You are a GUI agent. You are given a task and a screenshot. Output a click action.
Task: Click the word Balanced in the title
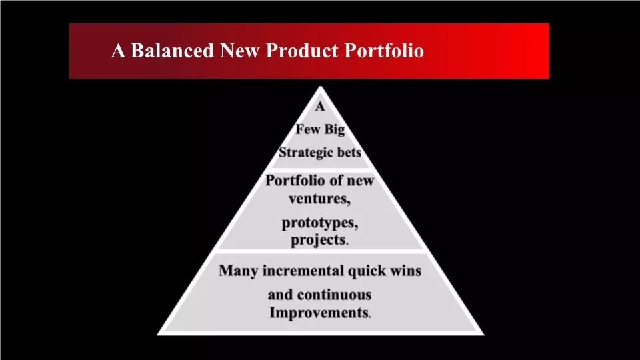click(x=172, y=51)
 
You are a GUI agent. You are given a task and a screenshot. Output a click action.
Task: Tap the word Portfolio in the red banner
click(x=384, y=51)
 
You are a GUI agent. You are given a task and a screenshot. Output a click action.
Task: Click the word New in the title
click(x=239, y=51)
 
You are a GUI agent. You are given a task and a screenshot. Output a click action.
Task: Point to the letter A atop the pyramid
click(x=320, y=107)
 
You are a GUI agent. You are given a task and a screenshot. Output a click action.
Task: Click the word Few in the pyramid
click(x=307, y=129)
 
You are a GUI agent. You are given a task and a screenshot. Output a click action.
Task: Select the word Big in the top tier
click(x=335, y=130)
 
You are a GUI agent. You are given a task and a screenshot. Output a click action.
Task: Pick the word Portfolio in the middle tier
click(x=295, y=181)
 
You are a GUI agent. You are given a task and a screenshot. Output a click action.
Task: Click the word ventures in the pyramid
click(x=319, y=199)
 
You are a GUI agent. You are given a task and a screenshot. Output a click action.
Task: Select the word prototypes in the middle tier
click(x=320, y=223)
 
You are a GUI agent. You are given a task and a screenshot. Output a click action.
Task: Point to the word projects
click(x=319, y=240)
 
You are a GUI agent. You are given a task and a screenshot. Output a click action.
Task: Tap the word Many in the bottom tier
click(x=238, y=271)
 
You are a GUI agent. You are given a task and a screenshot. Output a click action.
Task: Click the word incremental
click(x=303, y=271)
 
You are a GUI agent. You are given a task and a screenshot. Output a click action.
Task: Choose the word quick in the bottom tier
click(x=367, y=271)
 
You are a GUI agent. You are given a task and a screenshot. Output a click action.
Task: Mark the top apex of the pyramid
click(x=321, y=86)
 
